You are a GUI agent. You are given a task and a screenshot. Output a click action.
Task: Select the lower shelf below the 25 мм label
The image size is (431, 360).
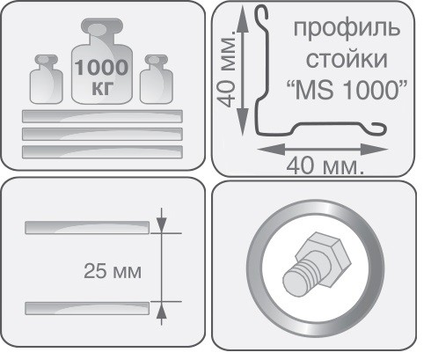point(88,307)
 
